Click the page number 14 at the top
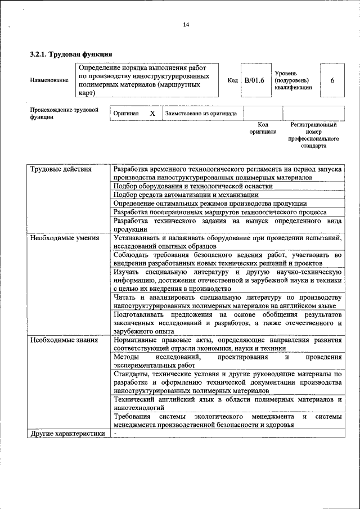pos(186,24)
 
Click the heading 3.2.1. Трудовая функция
pos(67,55)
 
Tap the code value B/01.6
pos(254,80)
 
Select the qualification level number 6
pos(332,80)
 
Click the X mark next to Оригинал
pos(152,113)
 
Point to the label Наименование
pos(49,80)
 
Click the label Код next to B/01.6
pos(232,80)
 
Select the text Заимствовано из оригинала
pos(201,113)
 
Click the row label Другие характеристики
pos(68,434)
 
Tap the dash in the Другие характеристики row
pos(115,434)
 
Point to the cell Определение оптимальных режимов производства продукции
pos(210,203)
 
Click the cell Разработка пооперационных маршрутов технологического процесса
pos(219,212)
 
